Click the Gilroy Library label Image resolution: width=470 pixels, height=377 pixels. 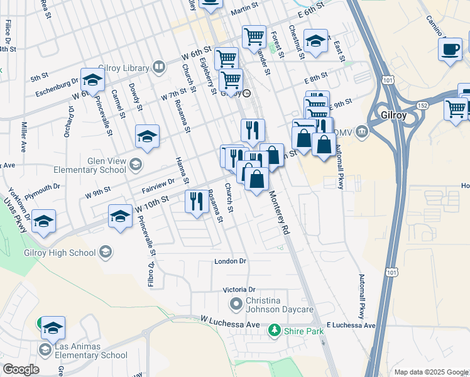[x=123, y=68]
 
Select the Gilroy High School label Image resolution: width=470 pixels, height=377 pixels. [x=60, y=253]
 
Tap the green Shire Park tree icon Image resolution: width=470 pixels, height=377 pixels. [x=273, y=329]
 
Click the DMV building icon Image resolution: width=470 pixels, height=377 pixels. [x=361, y=131]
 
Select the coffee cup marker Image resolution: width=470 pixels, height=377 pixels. [x=450, y=50]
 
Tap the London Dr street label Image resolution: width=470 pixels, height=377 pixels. [x=230, y=261]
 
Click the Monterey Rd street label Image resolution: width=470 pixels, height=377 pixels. [x=280, y=213]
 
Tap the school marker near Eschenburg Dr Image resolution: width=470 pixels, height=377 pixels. [x=92, y=80]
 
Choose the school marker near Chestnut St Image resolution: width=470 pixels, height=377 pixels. [x=315, y=41]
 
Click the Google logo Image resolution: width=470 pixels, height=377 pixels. [x=21, y=369]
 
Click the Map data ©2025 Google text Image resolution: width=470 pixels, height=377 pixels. [x=431, y=372]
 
